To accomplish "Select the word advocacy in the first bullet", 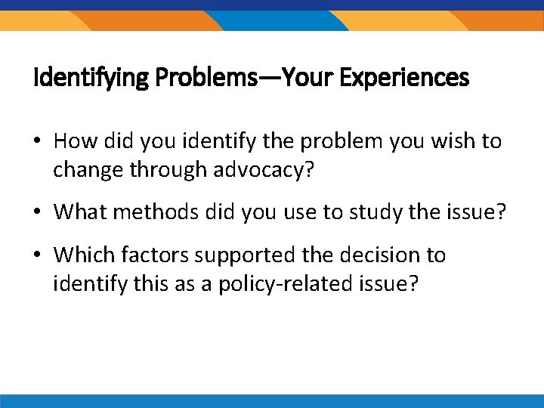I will pos(260,169).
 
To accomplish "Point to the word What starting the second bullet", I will pos(79,212).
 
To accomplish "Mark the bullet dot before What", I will pos(39,213).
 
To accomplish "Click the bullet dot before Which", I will pos(39,256).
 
